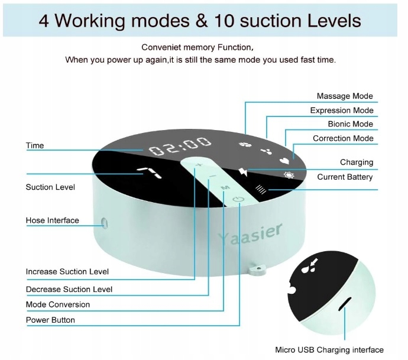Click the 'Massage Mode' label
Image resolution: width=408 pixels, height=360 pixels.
[345, 96]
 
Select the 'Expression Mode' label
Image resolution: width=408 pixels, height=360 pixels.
[342, 111]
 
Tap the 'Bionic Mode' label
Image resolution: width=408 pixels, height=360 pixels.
[350, 124]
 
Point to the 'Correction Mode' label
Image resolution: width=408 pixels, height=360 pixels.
[343, 138]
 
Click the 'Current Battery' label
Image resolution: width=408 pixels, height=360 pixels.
[345, 177]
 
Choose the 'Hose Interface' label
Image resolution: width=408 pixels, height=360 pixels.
[52, 220]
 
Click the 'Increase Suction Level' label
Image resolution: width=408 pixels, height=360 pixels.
[67, 272]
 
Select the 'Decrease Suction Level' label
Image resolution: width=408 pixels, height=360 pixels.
[69, 289]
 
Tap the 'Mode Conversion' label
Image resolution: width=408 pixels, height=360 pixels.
[57, 304]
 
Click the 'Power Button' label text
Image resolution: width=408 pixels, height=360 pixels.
[50, 320]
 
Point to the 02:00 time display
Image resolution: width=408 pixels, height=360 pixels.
[180, 146]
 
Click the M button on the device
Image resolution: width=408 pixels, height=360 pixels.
[225, 187]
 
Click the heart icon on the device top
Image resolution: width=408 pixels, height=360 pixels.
[284, 159]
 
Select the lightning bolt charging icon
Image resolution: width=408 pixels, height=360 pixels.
[243, 172]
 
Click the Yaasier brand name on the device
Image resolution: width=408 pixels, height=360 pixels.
[250, 234]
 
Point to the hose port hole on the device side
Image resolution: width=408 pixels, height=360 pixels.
[105, 223]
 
